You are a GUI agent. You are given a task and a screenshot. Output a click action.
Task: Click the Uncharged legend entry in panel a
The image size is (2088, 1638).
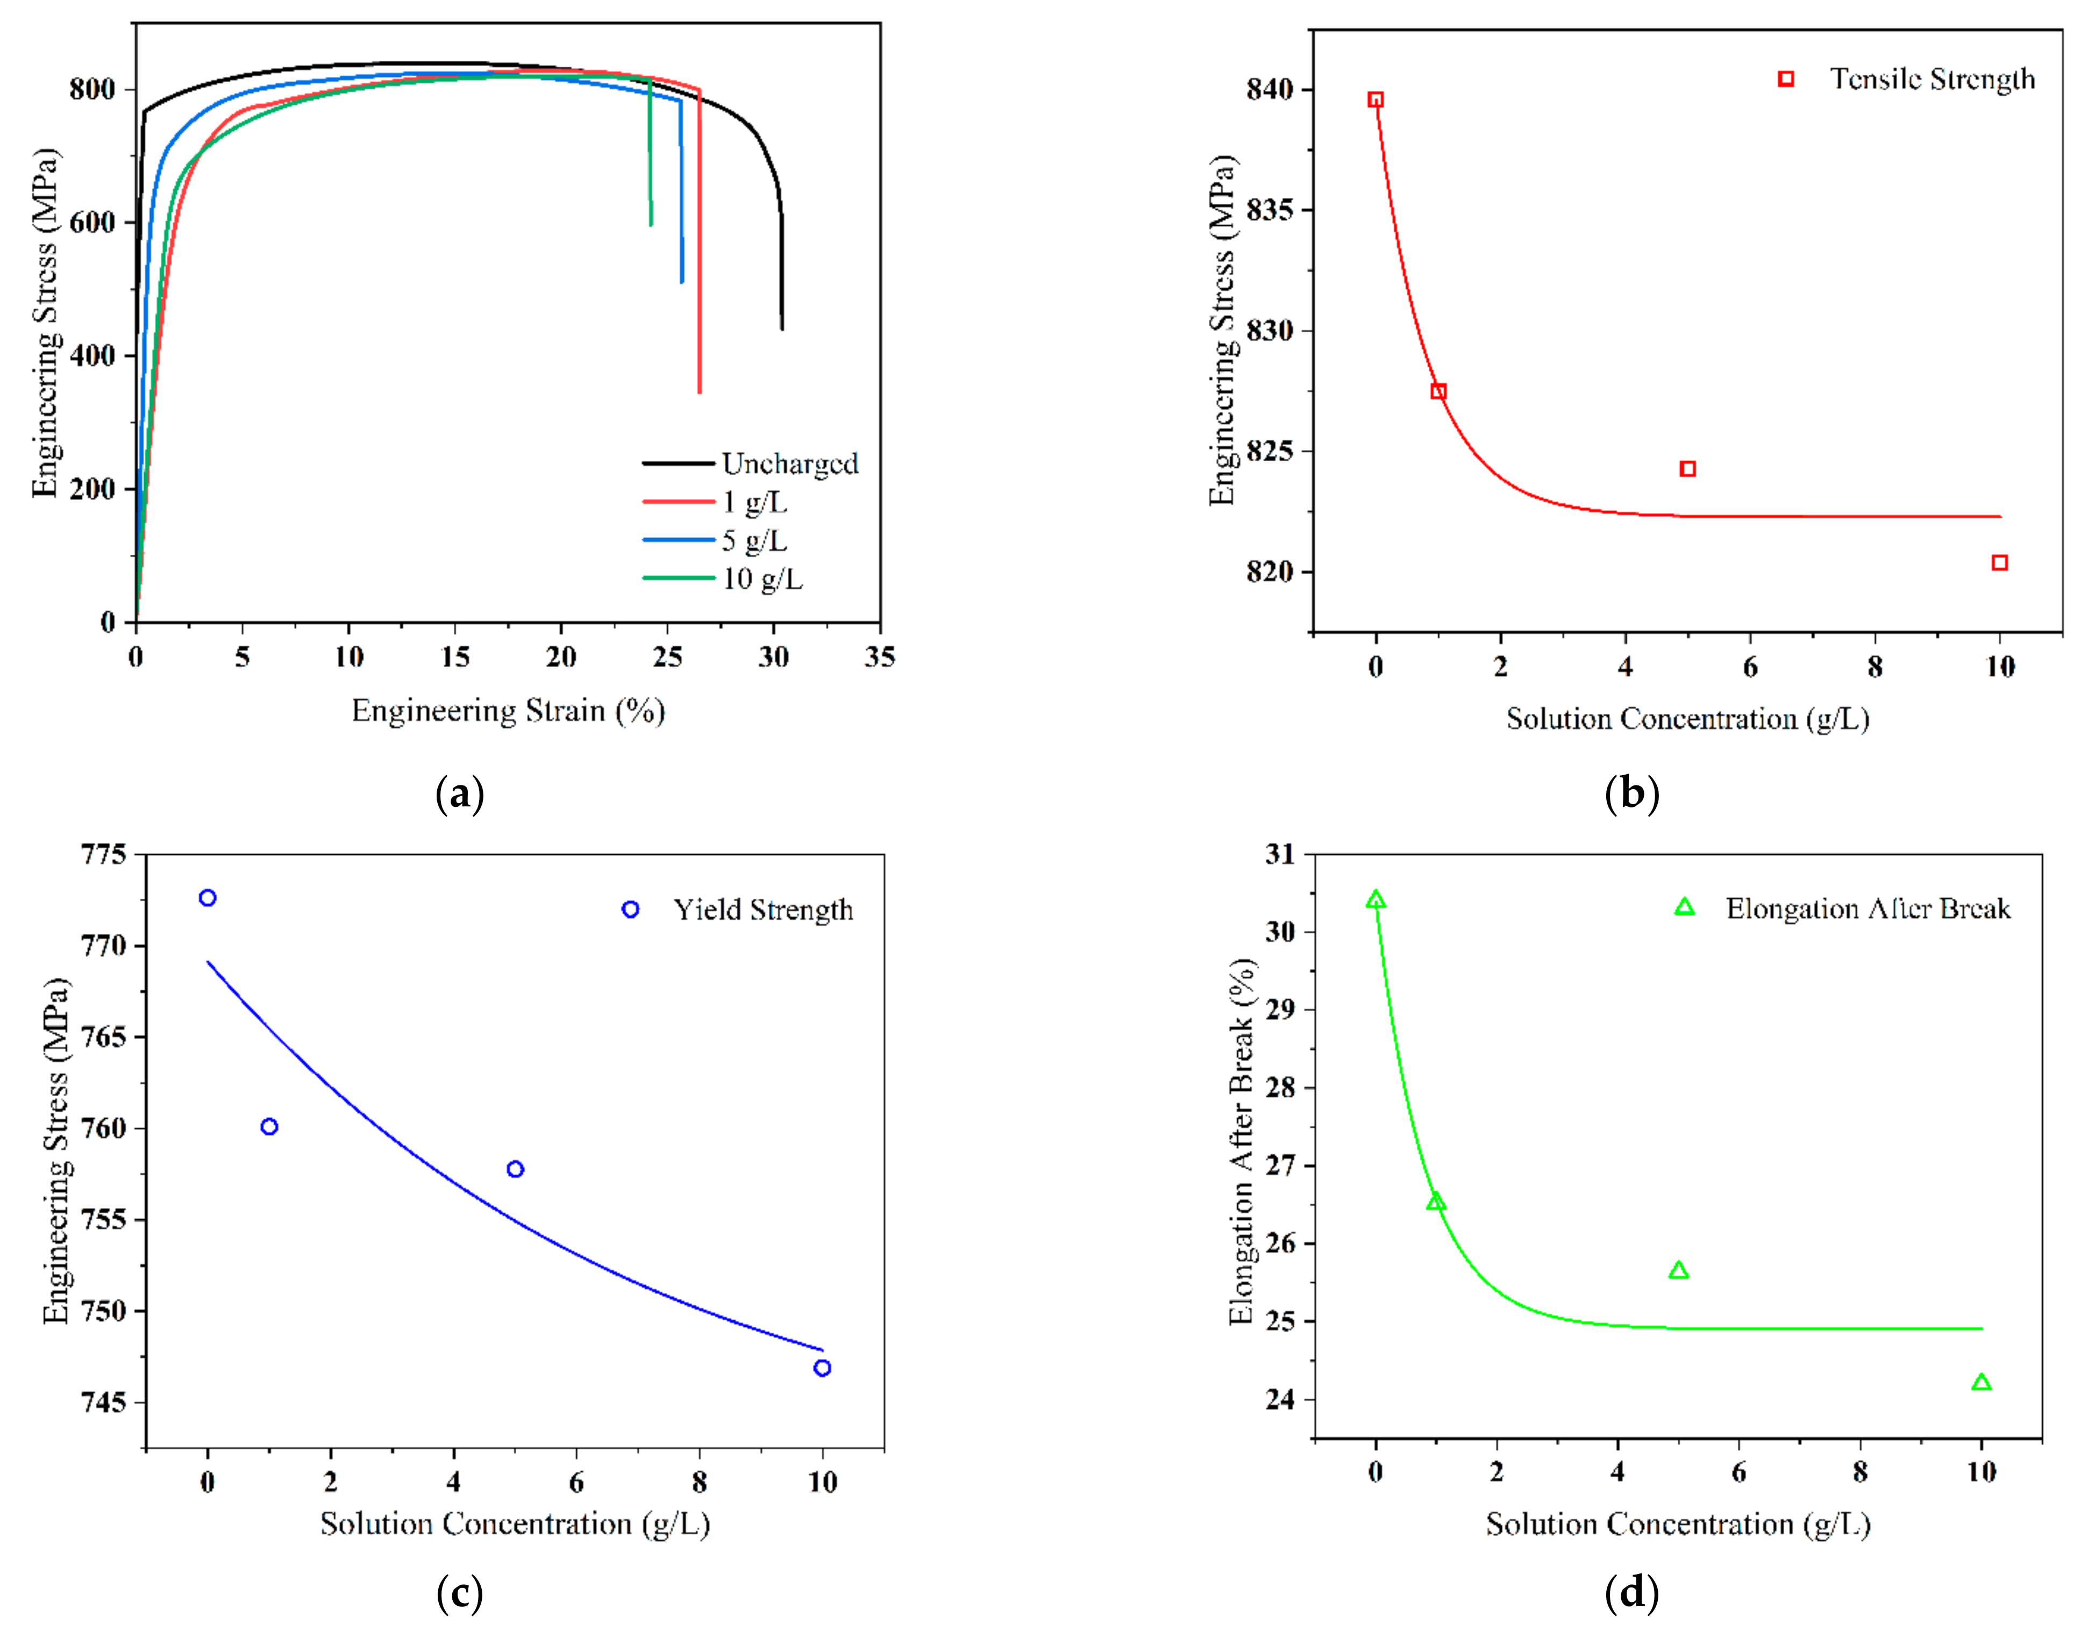[789, 464]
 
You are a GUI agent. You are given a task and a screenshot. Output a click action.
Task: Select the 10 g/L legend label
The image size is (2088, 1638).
[762, 580]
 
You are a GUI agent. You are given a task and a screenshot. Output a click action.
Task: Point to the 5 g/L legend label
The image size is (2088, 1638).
[755, 541]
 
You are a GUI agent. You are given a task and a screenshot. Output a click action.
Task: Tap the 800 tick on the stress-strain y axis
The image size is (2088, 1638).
[93, 90]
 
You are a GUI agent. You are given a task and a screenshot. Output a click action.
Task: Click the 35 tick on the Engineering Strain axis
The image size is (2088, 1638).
[880, 657]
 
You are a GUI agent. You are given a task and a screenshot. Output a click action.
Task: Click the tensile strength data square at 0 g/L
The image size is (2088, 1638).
[1376, 100]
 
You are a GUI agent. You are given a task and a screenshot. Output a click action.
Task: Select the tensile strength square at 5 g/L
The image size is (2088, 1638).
[1688, 469]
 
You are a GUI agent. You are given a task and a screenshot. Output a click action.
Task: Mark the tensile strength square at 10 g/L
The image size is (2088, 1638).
[2000, 563]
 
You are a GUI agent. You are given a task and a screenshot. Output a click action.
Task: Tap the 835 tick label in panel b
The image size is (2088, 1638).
[1269, 210]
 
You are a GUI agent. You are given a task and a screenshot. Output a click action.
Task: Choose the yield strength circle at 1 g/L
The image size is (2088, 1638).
[269, 1127]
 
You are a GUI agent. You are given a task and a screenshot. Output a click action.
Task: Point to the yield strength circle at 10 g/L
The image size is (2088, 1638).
[822, 1369]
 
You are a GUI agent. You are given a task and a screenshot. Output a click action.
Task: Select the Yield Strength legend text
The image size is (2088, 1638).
[762, 910]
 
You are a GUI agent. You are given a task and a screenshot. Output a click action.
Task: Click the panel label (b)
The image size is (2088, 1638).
[1631, 794]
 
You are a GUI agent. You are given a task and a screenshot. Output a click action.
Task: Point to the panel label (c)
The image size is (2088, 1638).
[459, 1594]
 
